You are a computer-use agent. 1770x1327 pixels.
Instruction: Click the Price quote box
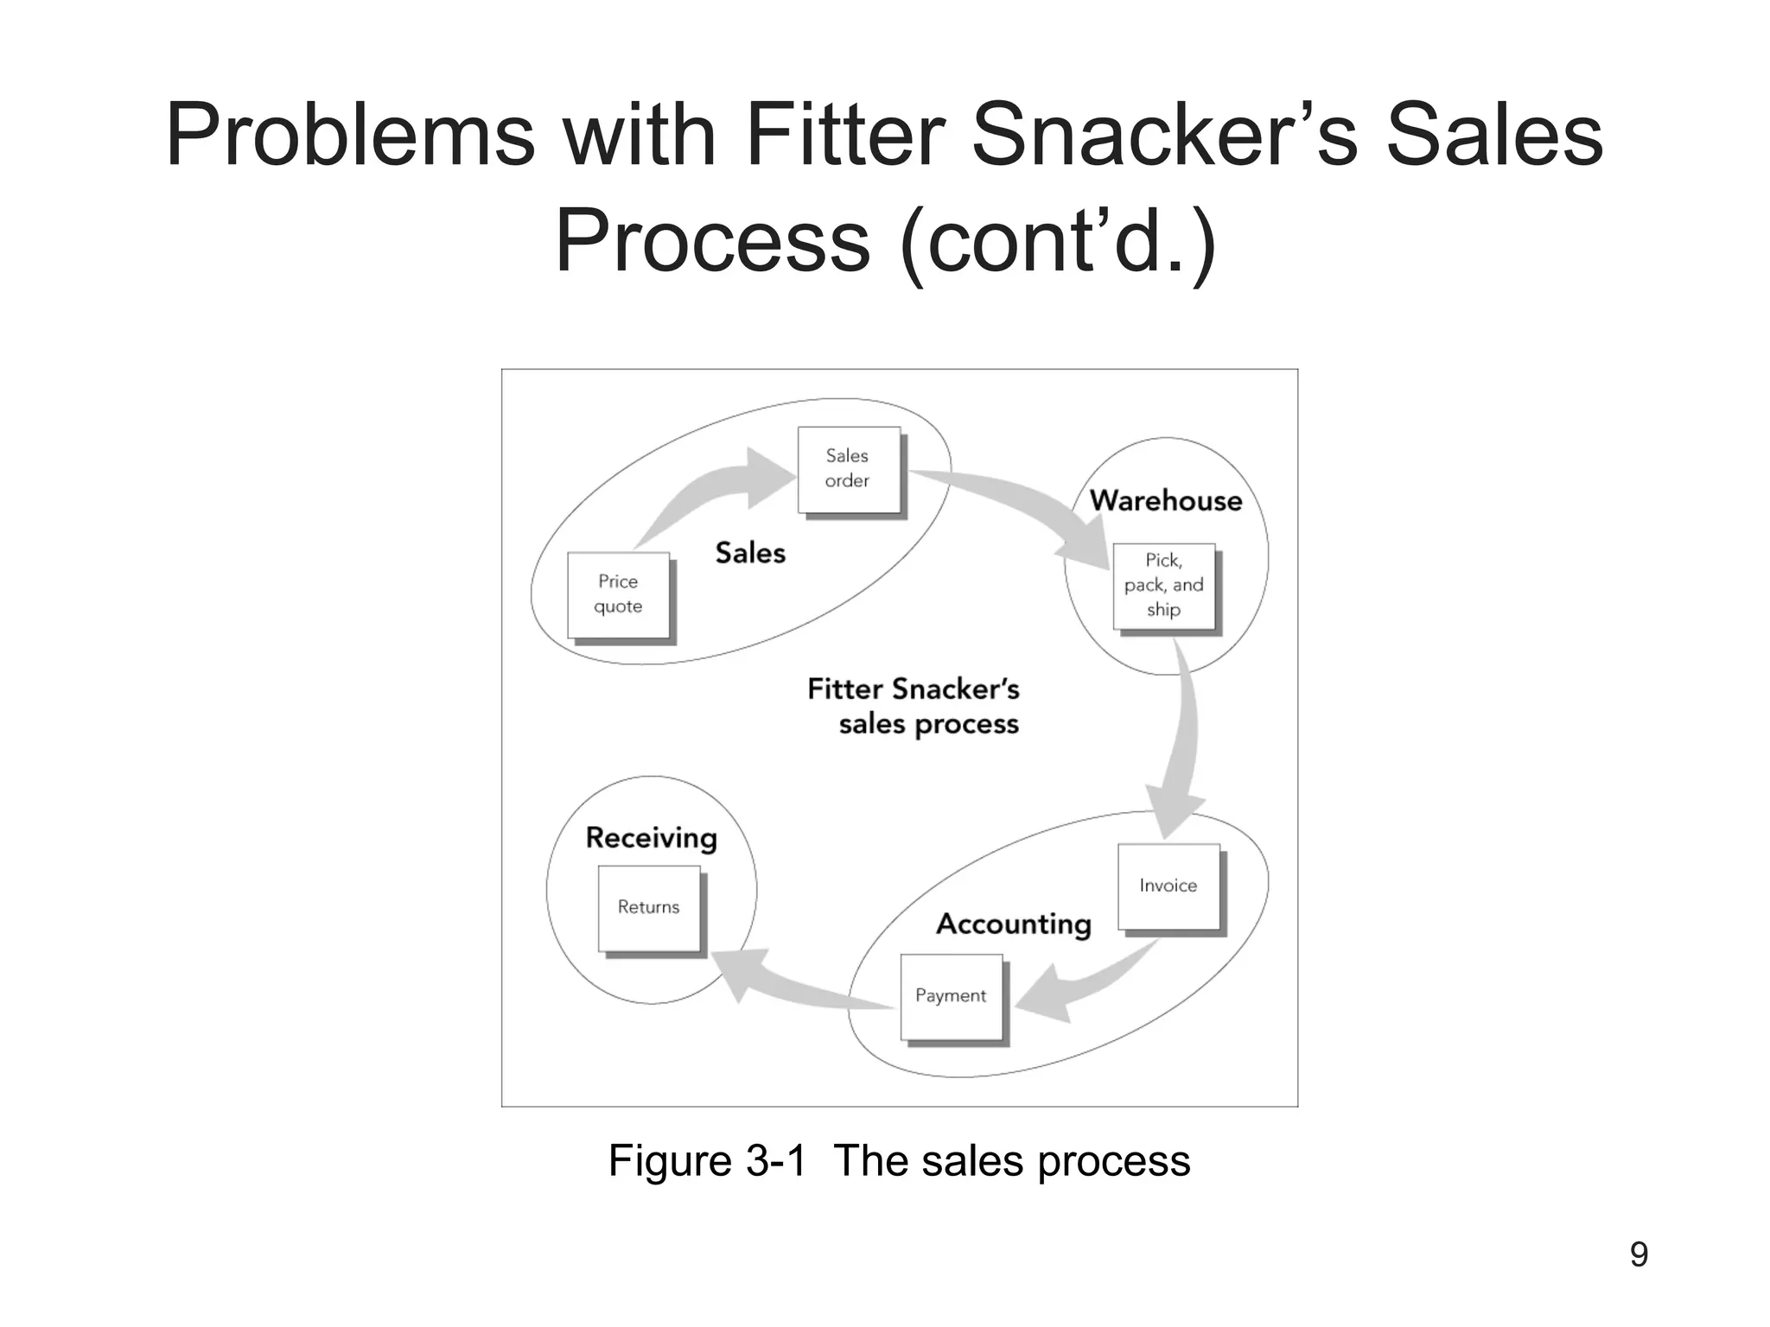[x=618, y=594]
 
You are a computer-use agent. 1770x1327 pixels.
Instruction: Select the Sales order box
[x=848, y=469]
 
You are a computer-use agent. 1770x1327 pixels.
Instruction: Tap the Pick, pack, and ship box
[x=1163, y=586]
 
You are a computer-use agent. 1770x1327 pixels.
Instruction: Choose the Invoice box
[x=1168, y=886]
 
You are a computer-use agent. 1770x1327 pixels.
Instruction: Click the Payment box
[x=951, y=996]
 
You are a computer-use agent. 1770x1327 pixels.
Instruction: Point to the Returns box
[x=649, y=908]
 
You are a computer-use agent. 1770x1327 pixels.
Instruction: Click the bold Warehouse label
[x=1165, y=501]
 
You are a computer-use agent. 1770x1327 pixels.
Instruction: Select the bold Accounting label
[x=1014, y=924]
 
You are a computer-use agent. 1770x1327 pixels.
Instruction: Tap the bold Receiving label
[x=652, y=838]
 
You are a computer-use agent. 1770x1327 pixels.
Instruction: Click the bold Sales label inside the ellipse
[x=750, y=553]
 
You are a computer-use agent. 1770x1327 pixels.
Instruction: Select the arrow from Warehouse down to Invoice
[x=1180, y=743]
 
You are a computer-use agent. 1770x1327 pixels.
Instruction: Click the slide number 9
[x=1638, y=1254]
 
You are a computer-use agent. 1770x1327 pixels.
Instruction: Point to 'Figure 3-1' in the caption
[x=707, y=1160]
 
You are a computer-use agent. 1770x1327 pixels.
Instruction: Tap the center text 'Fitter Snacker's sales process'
[x=914, y=707]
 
